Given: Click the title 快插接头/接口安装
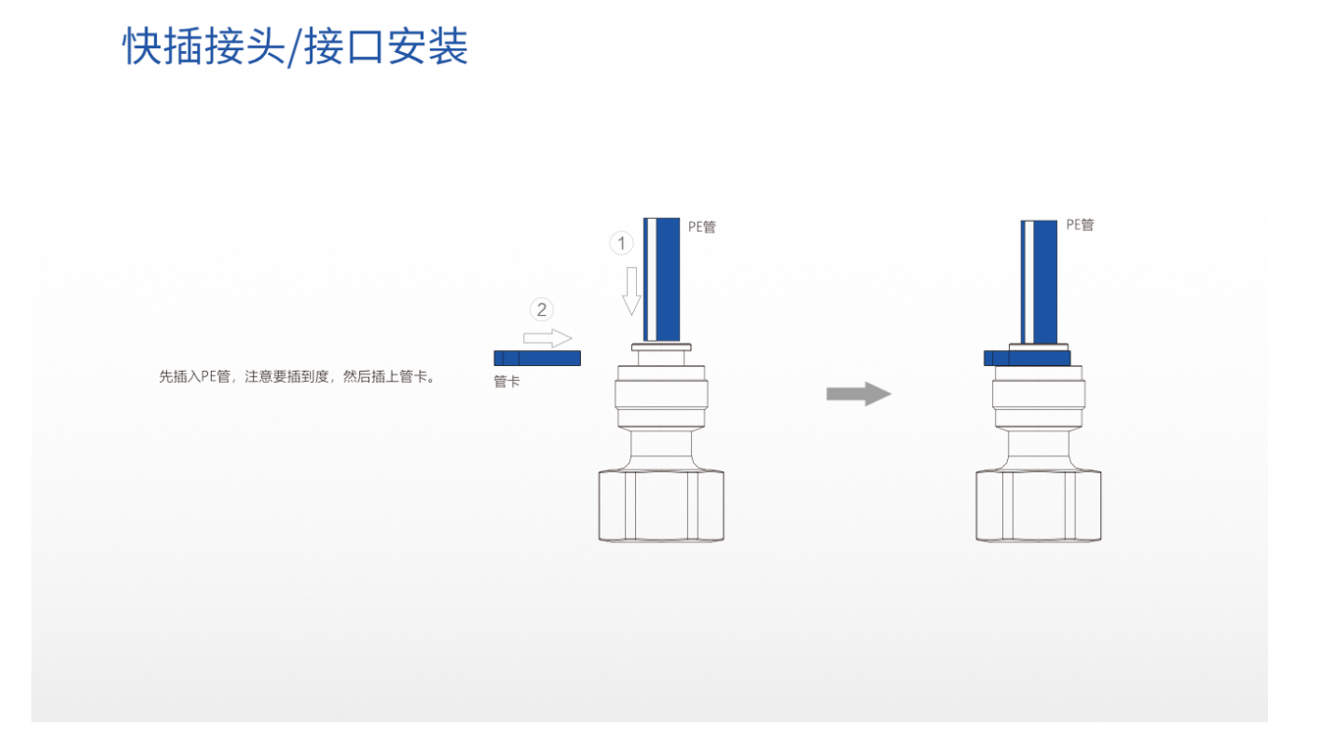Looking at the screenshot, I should pos(294,46).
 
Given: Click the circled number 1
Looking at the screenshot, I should pos(620,242).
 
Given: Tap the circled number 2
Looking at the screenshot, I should pos(541,310).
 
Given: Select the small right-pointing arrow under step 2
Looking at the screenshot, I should pos(548,339).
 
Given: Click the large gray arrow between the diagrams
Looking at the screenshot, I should pos(858,394).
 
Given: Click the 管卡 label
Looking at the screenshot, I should pos(506,382).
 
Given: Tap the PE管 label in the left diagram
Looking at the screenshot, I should pos(702,228).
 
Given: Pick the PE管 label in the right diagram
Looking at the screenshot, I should pos(1080,225).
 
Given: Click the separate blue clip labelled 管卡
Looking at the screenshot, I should pos(537,358).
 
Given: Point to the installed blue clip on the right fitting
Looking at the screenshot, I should pos(1027,358).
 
